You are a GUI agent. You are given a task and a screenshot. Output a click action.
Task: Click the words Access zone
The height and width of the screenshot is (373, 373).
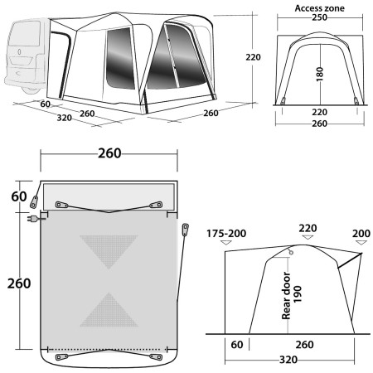[x=320, y=9]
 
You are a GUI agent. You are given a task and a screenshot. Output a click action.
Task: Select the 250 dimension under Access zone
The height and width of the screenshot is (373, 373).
[x=320, y=22]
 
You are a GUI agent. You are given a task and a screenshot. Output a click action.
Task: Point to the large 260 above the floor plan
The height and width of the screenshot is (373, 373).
[x=109, y=153]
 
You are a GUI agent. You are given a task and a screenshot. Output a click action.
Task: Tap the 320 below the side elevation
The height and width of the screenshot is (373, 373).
[x=289, y=361]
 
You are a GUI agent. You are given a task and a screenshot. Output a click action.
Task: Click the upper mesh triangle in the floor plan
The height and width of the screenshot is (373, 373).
[x=109, y=247]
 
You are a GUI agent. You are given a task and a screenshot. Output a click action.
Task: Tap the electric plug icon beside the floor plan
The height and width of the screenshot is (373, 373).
[x=34, y=220]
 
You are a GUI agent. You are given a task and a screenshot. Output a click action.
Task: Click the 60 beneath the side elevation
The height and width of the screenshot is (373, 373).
[x=238, y=342]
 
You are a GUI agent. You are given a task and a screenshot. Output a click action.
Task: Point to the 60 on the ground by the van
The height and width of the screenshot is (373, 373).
[x=45, y=104]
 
